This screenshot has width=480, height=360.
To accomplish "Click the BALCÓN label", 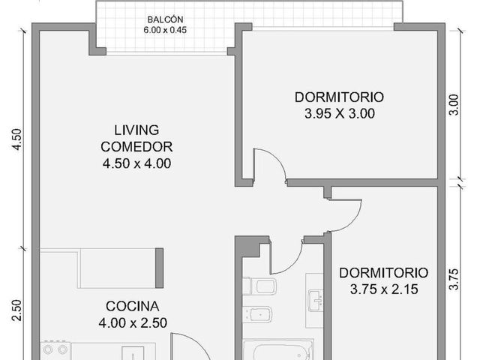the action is pyautogui.click(x=165, y=19).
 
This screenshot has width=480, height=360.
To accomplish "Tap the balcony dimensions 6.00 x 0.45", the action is pyautogui.click(x=165, y=30).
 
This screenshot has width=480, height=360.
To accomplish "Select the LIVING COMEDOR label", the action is pyautogui.click(x=136, y=138).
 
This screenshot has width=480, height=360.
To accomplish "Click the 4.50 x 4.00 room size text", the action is pyautogui.click(x=136, y=163).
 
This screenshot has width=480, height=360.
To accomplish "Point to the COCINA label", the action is pyautogui.click(x=133, y=306).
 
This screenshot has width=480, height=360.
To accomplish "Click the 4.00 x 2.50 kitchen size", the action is pyautogui.click(x=133, y=322).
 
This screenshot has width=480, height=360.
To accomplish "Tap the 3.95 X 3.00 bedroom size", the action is pyautogui.click(x=340, y=113).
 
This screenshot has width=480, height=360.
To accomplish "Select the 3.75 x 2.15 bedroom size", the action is pyautogui.click(x=384, y=289).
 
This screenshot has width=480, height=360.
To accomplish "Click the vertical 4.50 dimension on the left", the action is pyautogui.click(x=16, y=139).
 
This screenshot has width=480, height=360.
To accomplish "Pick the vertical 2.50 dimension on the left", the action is pyautogui.click(x=16, y=310).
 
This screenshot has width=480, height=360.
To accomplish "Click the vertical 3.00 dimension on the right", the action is pyautogui.click(x=454, y=105).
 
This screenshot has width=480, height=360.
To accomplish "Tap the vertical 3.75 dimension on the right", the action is pyautogui.click(x=454, y=279).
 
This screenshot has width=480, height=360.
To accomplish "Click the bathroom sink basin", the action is pyautogui.click(x=316, y=300).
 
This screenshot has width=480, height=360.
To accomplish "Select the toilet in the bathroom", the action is pyautogui.click(x=259, y=286).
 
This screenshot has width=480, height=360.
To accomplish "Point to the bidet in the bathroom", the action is pyautogui.click(x=257, y=314).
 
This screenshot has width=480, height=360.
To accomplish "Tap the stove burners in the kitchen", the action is pyautogui.click(x=55, y=349).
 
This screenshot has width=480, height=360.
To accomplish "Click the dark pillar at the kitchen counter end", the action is pyautogui.click(x=159, y=268).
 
